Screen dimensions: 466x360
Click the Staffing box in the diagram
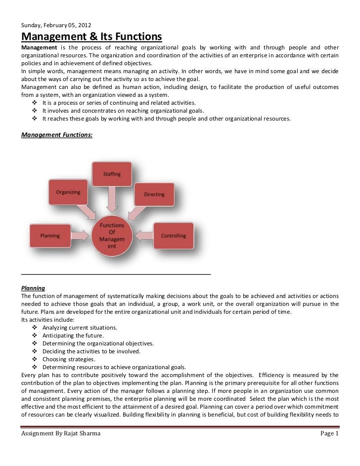click(x=111, y=174)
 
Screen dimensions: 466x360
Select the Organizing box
click(x=67, y=193)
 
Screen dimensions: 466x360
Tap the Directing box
click(x=154, y=194)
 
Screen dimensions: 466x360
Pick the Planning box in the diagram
click(x=50, y=236)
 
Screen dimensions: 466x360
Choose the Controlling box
click(x=174, y=236)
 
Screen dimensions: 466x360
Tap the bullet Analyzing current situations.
click(x=80, y=328)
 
